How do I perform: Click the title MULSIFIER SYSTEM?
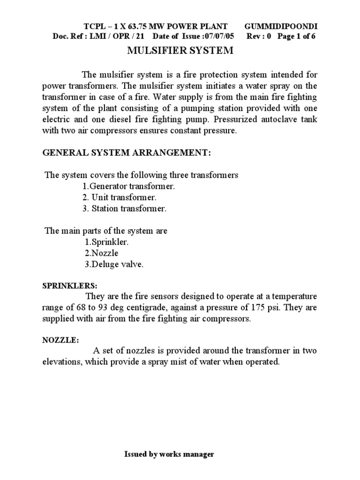(180, 51)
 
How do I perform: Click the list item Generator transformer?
(129, 186)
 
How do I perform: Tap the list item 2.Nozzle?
(101, 254)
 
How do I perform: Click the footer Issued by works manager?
(169, 454)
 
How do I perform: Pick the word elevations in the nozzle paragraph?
(60, 362)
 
